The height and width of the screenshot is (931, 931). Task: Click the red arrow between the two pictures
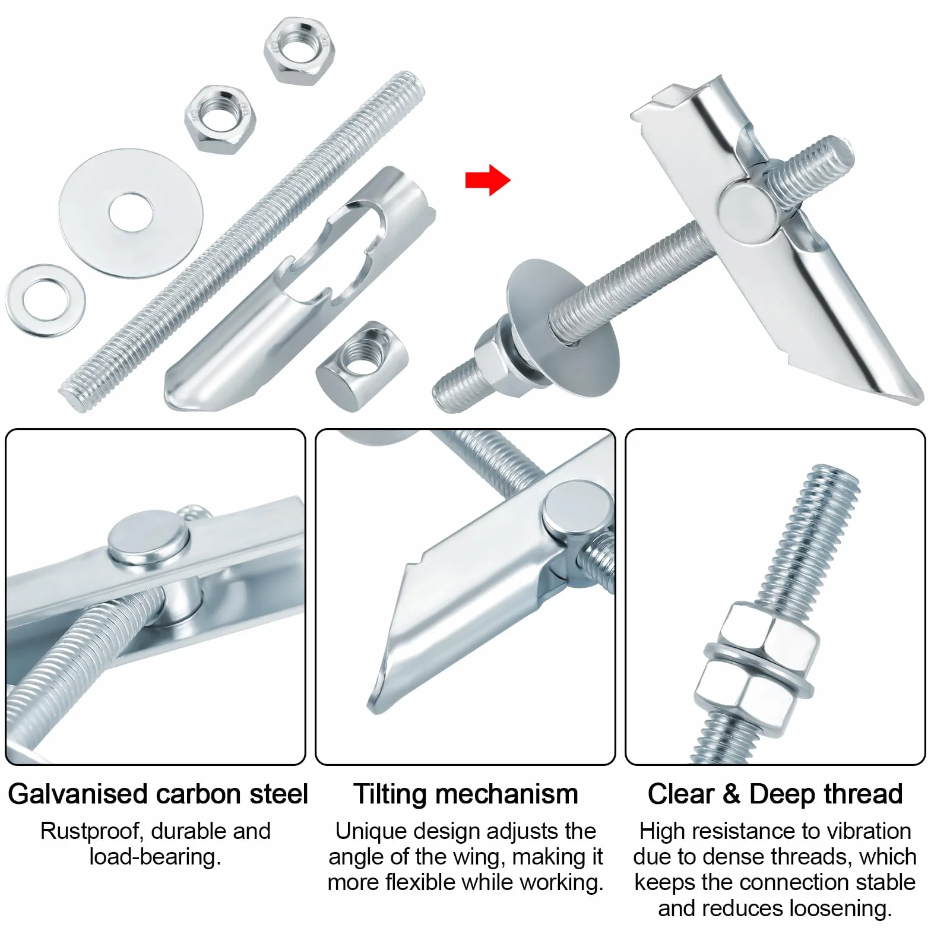487,179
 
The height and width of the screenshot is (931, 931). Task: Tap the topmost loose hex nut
299,52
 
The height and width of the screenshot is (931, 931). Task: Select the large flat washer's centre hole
131,211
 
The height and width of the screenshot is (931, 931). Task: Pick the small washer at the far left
45,301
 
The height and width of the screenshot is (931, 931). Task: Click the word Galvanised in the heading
77,794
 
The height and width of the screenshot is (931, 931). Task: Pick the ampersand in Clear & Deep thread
731,794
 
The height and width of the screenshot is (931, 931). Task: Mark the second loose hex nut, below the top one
220,119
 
